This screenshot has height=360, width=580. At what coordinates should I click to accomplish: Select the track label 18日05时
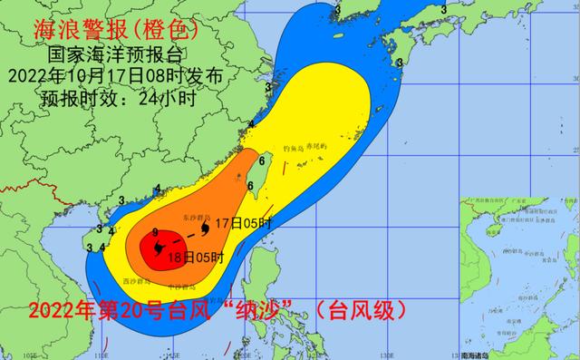[x=197, y=257]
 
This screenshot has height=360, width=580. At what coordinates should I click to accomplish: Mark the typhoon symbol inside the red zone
[x=158, y=247]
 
